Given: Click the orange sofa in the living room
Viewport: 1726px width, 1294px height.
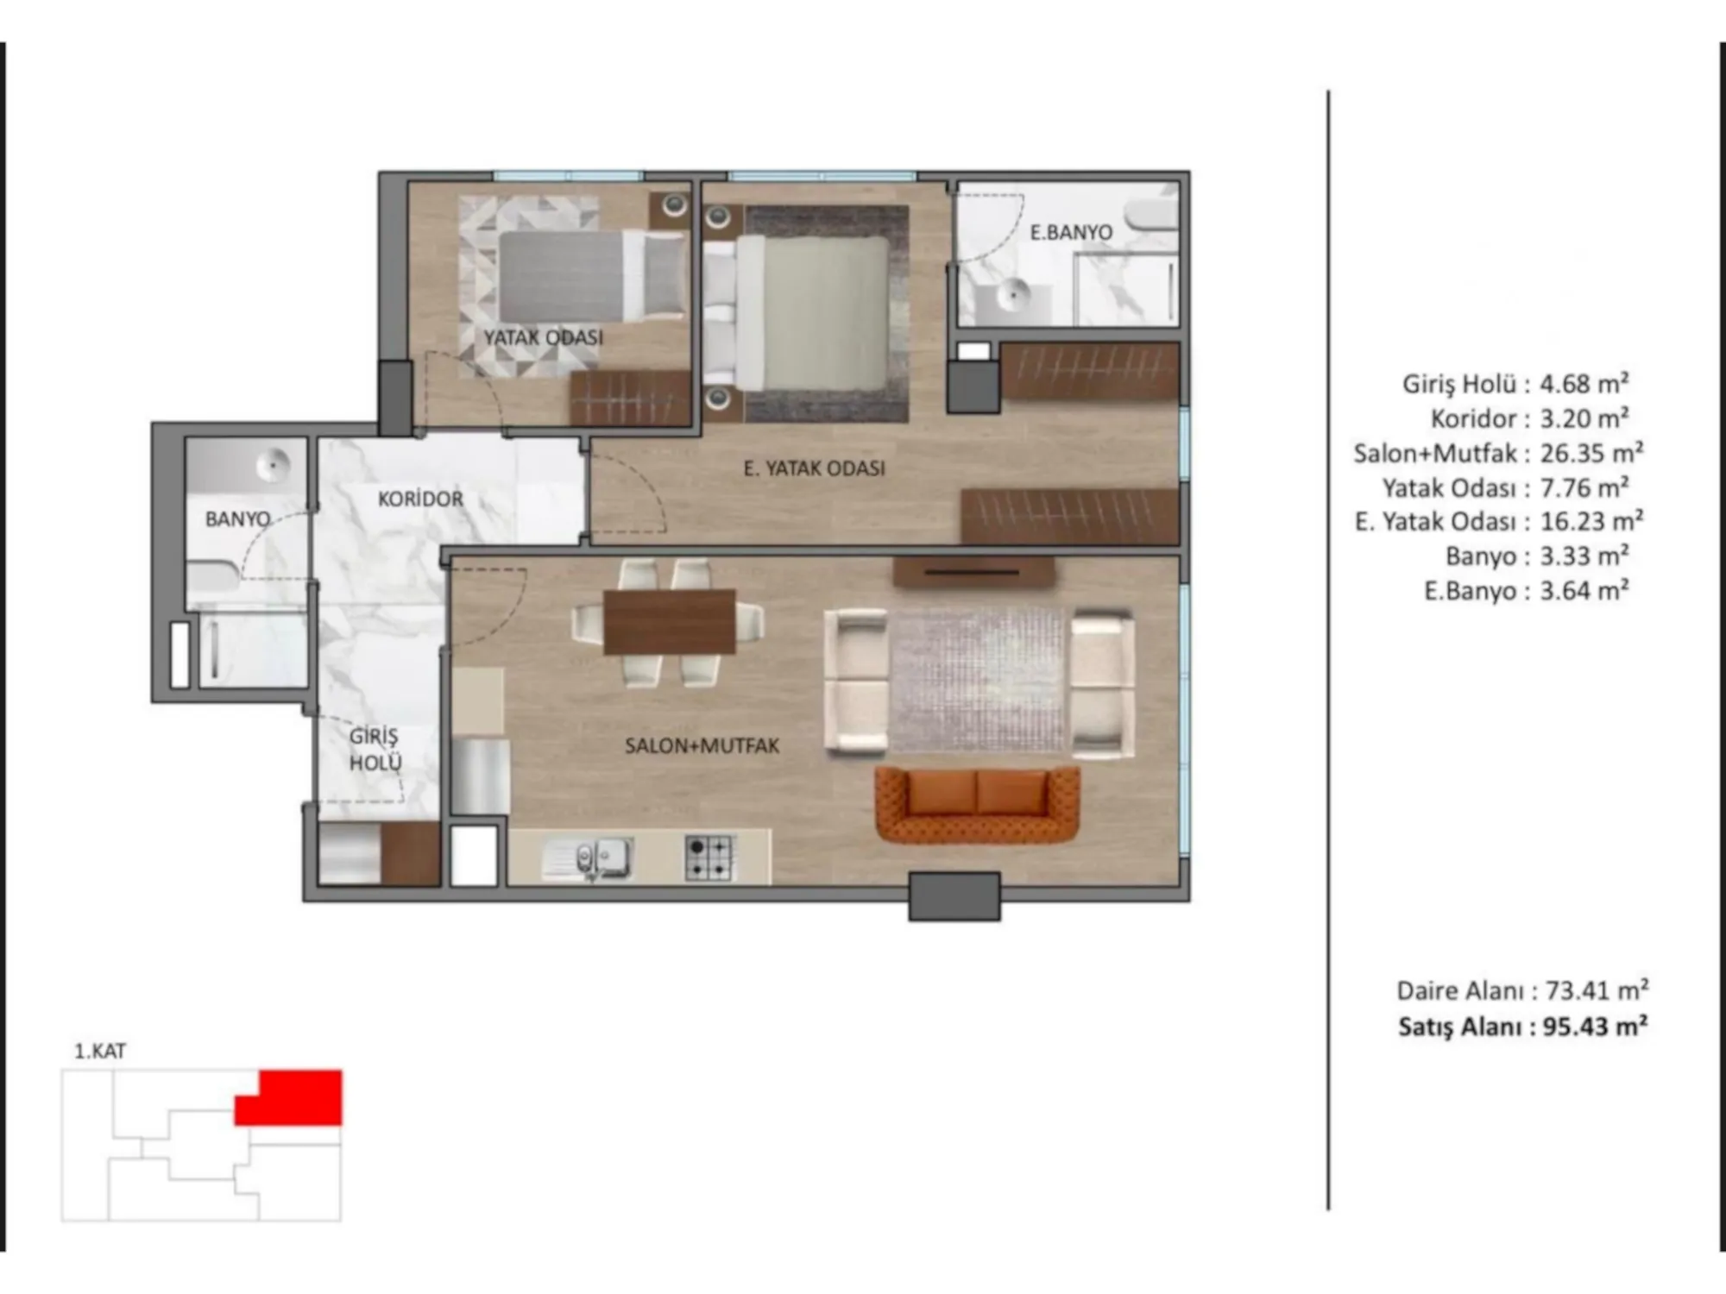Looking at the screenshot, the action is [x=977, y=806].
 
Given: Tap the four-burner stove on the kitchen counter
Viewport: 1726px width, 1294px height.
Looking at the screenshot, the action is [x=709, y=857].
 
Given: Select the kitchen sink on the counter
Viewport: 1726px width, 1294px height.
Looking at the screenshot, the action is [x=587, y=859].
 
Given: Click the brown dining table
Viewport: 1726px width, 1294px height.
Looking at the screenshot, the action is [x=670, y=621].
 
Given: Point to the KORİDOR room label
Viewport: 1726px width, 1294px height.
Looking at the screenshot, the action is [x=420, y=499].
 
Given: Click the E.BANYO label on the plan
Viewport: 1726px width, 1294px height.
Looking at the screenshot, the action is [x=1071, y=232].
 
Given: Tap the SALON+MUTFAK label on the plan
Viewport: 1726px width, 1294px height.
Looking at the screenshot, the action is [x=702, y=745].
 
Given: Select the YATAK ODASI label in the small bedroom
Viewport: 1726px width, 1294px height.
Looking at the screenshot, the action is [x=543, y=337].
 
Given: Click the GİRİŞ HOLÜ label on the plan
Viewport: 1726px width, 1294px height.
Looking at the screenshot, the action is [x=375, y=750].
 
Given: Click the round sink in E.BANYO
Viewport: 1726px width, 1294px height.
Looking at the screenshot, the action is [x=1012, y=296].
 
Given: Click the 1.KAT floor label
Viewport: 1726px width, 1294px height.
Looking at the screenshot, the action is [x=100, y=1051].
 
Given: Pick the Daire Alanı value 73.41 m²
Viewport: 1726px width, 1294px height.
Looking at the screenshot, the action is [x=1597, y=990].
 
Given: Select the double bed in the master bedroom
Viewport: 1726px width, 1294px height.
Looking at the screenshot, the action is [x=796, y=312].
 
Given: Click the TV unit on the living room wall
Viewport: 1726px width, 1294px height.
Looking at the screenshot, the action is [x=973, y=572].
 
